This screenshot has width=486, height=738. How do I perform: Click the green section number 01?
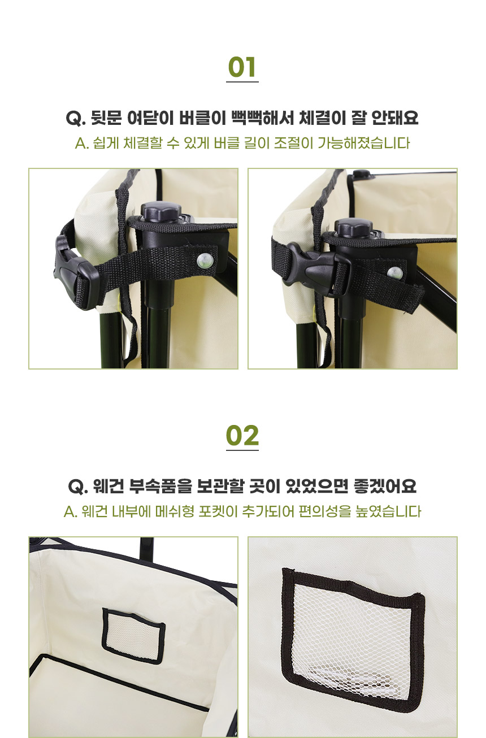[x=242, y=67]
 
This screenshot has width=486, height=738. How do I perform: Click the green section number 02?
[x=242, y=436]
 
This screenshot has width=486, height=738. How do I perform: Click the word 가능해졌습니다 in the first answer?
[x=364, y=144]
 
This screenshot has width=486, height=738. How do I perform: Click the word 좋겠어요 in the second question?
[x=385, y=487]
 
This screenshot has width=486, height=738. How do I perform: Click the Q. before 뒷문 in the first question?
[x=76, y=119]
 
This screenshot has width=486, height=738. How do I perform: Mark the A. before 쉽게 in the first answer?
[x=82, y=144]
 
